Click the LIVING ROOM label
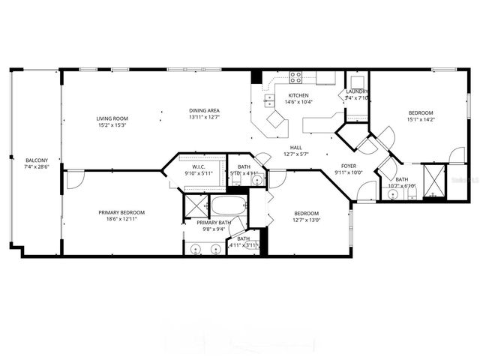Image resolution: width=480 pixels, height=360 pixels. coord(112,118)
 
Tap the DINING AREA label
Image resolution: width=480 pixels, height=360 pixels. coord(204,111)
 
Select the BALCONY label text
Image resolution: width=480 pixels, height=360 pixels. coord(37,160)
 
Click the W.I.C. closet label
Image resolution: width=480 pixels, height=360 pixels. coord(199,166)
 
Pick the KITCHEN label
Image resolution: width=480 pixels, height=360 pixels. coord(298,95)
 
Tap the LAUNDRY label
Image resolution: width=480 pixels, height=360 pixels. coord(357,91)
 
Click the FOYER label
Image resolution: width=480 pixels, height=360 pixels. coord(349,166)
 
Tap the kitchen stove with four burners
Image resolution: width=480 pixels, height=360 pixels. coord(295,76)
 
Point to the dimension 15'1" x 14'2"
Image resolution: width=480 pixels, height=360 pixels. coord(421,118)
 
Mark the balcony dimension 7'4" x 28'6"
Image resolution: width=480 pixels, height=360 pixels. coord(37,167)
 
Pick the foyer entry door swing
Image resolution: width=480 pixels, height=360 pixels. coord(366,192)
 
